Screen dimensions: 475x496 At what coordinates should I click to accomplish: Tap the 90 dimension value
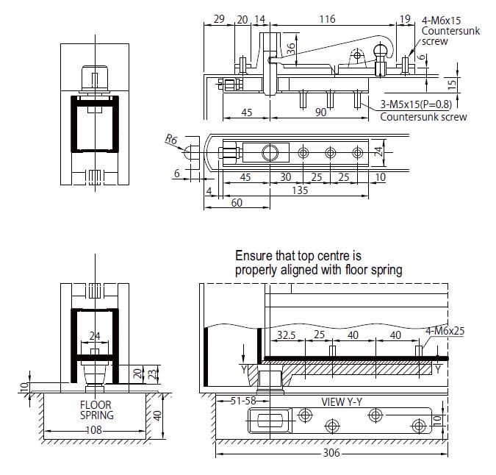[x=320, y=113]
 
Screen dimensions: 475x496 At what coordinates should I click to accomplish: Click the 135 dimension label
[x=301, y=190]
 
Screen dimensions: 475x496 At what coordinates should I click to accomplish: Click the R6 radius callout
[x=171, y=138]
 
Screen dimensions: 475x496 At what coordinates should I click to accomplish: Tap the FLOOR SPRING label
[x=97, y=410]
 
